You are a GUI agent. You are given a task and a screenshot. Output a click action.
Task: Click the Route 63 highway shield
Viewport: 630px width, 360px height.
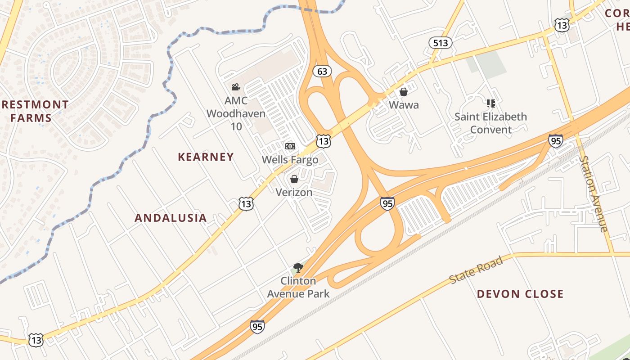(322, 71)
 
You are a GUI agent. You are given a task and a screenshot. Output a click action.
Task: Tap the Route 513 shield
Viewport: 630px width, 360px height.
(440, 43)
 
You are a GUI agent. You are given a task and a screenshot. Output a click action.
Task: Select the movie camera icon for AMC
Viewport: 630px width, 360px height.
(236, 87)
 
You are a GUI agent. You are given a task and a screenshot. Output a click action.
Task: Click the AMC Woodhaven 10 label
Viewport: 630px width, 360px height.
(236, 113)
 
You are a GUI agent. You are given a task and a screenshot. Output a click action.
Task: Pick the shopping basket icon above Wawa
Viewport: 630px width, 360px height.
(404, 92)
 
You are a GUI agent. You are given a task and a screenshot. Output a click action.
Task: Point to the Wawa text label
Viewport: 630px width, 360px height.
(404, 105)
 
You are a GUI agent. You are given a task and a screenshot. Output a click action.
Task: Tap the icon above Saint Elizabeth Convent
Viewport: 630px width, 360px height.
(490, 103)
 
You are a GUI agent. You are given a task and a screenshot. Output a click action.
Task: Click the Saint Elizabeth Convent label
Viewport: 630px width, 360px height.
(490, 123)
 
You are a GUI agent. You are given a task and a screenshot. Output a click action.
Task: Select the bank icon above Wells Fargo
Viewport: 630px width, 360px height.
(290, 146)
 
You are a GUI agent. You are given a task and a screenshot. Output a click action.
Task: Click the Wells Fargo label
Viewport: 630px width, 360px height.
(290, 160)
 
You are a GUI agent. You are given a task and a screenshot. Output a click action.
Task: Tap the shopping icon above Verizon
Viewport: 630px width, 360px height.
(294, 180)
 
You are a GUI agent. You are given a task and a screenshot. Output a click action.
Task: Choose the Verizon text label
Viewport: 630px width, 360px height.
(294, 193)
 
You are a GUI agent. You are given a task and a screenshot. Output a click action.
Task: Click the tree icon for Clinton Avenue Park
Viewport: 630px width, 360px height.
(298, 268)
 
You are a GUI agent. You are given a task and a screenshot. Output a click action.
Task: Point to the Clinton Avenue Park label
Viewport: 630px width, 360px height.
(298, 287)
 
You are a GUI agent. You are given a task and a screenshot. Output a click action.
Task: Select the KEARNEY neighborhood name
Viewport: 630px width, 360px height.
(206, 157)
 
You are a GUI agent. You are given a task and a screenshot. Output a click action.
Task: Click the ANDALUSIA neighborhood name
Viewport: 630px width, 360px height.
(171, 218)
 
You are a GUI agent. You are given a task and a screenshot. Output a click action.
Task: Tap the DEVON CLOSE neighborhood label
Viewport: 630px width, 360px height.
(520, 294)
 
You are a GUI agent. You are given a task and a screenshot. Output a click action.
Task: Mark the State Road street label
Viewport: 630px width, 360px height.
(476, 270)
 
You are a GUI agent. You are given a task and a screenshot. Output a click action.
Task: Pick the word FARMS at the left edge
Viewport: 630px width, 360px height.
(31, 118)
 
